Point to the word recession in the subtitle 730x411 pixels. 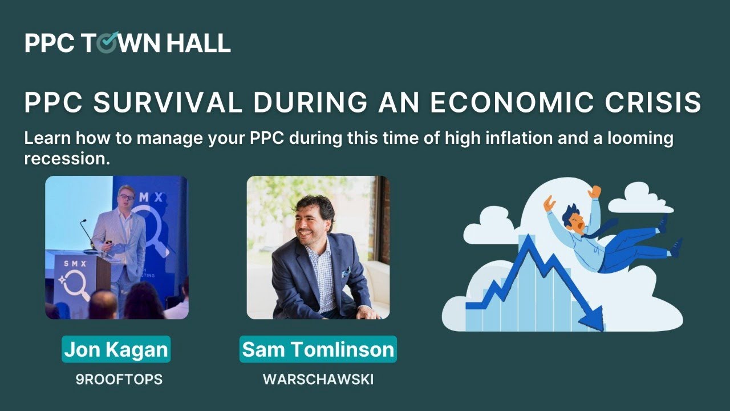[x=67, y=159]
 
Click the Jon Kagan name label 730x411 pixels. [x=116, y=349]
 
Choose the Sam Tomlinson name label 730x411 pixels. [x=318, y=349]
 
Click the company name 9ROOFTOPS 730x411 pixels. [x=119, y=380]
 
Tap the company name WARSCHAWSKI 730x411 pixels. [x=318, y=380]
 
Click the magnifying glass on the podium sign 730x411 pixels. [x=76, y=283]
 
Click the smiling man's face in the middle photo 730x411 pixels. [x=312, y=220]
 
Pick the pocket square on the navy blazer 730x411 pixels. [x=346, y=272]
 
